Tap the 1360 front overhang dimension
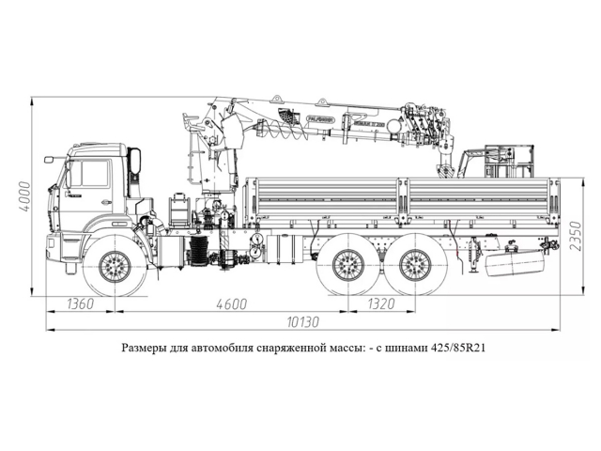pyautogui.click(x=81, y=303)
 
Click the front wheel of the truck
pyautogui.click(x=115, y=267)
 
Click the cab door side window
pyautogui.click(x=91, y=174)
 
